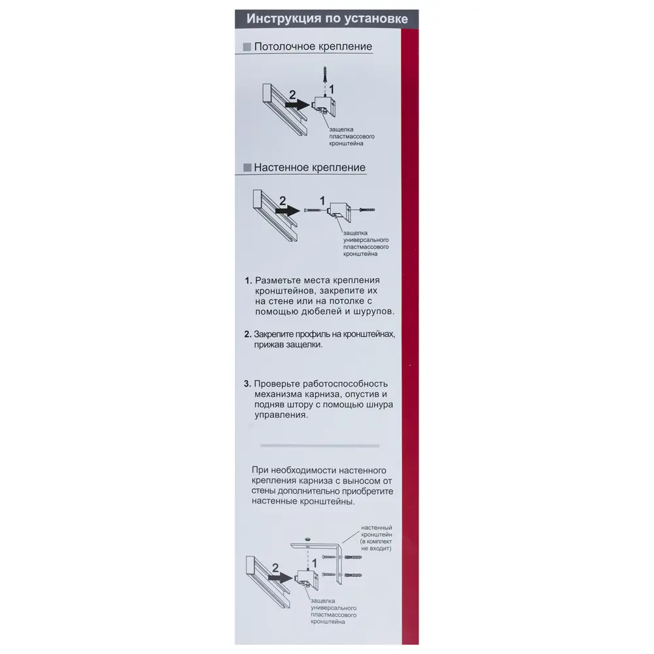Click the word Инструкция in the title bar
[284, 19]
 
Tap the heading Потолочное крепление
[313, 46]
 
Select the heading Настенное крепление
[309, 167]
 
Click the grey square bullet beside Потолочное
[247, 46]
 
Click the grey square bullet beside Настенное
[247, 167]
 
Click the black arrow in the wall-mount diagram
[288, 211]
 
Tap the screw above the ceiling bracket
[324, 75]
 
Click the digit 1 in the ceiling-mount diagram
[332, 90]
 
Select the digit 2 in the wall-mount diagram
[283, 201]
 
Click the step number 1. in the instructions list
[248, 281]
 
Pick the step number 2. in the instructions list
[248, 334]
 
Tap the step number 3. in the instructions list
[247, 384]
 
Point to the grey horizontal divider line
[320, 445]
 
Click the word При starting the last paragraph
[260, 470]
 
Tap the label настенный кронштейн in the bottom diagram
[376, 531]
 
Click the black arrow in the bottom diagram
[281, 577]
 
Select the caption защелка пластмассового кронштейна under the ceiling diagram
[352, 137]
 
